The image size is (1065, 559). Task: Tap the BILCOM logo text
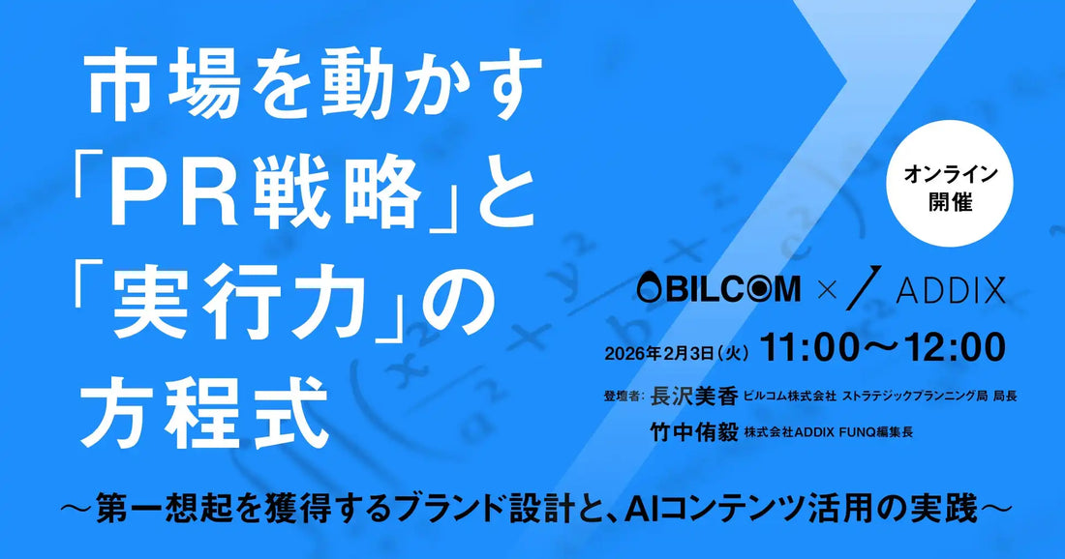point(718,288)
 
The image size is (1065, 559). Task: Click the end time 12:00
point(954,346)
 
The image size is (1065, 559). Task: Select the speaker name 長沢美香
point(692,397)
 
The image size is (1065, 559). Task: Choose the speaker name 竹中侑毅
point(692,433)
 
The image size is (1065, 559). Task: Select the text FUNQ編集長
point(877,434)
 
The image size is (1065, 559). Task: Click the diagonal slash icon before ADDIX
point(860,289)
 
